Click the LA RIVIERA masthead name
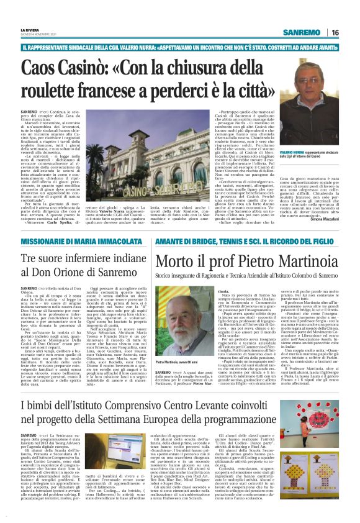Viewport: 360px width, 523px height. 29,30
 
